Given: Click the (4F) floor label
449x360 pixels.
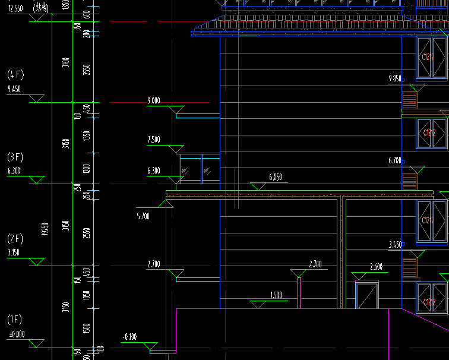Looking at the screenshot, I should [15, 75].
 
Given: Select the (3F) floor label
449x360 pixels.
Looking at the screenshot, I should [15, 157].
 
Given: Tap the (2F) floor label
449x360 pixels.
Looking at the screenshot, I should [15, 239].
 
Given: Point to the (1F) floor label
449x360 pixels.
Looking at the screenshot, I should [15, 320].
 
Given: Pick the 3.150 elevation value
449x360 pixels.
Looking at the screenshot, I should [14, 252].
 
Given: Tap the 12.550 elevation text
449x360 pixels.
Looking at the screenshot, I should [14, 8].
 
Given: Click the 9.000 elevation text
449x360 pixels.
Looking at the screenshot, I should [153, 101].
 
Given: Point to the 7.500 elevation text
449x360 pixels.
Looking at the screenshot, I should [153, 140].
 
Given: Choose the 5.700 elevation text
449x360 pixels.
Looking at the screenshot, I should [143, 216].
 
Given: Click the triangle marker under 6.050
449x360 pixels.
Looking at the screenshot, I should [257, 187].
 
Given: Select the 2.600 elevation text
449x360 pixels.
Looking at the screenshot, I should [376, 267].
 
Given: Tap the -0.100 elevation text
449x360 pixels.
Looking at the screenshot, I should [129, 337].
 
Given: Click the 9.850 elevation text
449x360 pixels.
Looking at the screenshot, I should [395, 78].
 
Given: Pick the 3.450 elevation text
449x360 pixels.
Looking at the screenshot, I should [395, 245].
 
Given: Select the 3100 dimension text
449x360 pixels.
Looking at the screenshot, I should [66, 62].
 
